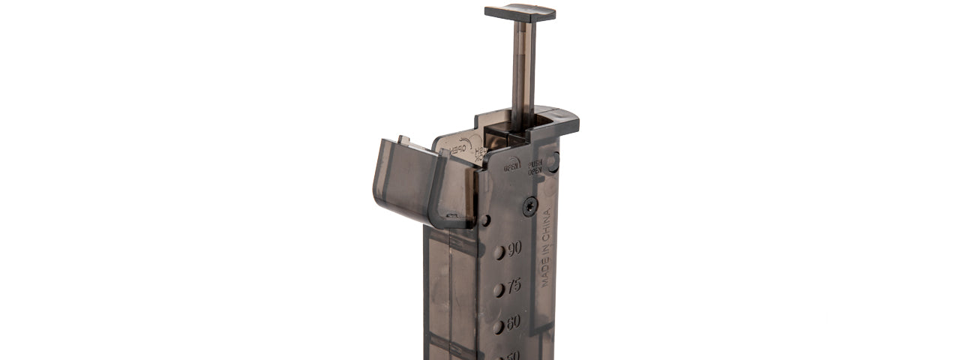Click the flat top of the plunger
tap(520, 13)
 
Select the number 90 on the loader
tap(514, 249)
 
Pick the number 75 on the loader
tap(514, 286)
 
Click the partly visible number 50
tap(512, 355)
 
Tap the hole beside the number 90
tap(499, 253)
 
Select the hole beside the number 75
tap(499, 290)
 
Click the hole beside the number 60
tap(498, 327)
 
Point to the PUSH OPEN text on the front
tap(535, 166)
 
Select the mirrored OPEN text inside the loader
tap(460, 146)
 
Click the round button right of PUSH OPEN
tap(553, 161)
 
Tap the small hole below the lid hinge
tap(485, 220)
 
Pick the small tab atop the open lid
tap(403, 140)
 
